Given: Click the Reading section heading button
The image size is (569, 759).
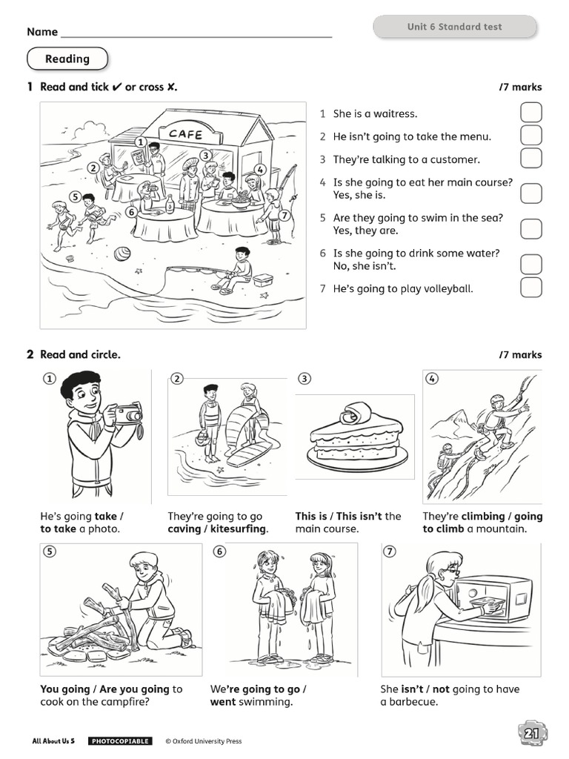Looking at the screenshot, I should pyautogui.click(x=67, y=59).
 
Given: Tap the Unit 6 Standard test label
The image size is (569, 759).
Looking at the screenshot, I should pyautogui.click(x=454, y=27).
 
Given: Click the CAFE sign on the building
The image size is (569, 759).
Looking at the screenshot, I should pyautogui.click(x=185, y=134).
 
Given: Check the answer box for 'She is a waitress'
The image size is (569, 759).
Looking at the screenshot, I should pyautogui.click(x=530, y=113).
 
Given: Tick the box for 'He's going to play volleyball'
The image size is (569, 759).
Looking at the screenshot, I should pyautogui.click(x=530, y=288).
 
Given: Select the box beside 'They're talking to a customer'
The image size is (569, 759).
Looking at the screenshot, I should pyautogui.click(x=530, y=159).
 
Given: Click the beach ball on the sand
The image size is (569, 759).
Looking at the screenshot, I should pyautogui.click(x=122, y=254).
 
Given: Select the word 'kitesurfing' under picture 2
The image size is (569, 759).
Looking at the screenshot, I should pyautogui.click(x=239, y=529).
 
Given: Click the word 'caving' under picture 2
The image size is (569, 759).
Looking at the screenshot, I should pyautogui.click(x=184, y=529).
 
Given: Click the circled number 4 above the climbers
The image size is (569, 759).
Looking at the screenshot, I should pyautogui.click(x=432, y=379).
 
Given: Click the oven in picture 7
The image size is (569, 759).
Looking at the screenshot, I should pyautogui.click(x=493, y=599).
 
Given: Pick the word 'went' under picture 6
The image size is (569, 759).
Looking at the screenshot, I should pyautogui.click(x=222, y=702).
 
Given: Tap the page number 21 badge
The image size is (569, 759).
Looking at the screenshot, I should pyautogui.click(x=531, y=734).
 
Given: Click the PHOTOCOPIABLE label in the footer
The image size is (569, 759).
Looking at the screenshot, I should pyautogui.click(x=120, y=741).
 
